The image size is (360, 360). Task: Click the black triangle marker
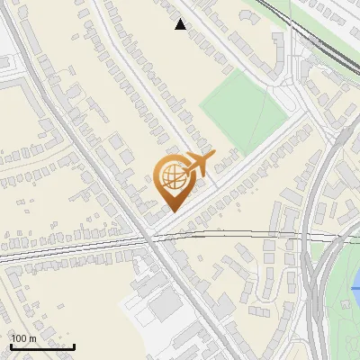click(x=181, y=25)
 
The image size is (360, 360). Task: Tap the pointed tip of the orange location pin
click(x=172, y=211)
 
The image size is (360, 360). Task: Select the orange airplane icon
click(x=197, y=163)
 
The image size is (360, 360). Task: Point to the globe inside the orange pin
click(x=171, y=178)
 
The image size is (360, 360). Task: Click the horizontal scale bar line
click(x=41, y=346)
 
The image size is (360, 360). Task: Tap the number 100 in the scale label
click(x=19, y=338)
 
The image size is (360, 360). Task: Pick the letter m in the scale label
click(x=31, y=338)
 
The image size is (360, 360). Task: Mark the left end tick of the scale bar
click(x=10, y=345)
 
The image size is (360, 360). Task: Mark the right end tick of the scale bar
click(x=74, y=345)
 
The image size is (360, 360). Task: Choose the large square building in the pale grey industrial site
click(x=166, y=306)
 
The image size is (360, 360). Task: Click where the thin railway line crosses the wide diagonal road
click(x=148, y=238)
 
